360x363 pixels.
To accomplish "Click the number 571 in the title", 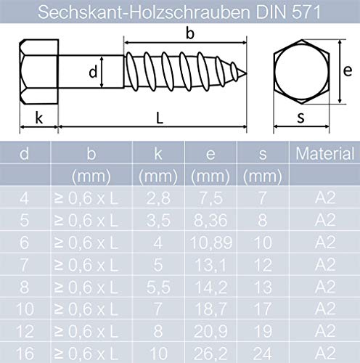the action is (x=306, y=12).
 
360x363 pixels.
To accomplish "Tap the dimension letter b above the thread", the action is (x=190, y=33).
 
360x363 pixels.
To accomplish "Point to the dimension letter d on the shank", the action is (x=93, y=72).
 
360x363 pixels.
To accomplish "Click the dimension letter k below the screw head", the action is (x=39, y=118).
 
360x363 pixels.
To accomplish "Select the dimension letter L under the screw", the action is (x=160, y=118).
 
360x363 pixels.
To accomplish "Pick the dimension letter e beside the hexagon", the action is (x=348, y=71).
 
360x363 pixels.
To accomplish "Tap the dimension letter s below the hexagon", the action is (x=300, y=118).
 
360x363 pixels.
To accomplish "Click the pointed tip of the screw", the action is (x=247, y=73).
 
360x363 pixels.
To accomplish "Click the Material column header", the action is (x=324, y=153).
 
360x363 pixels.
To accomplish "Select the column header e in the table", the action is (x=210, y=154).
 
